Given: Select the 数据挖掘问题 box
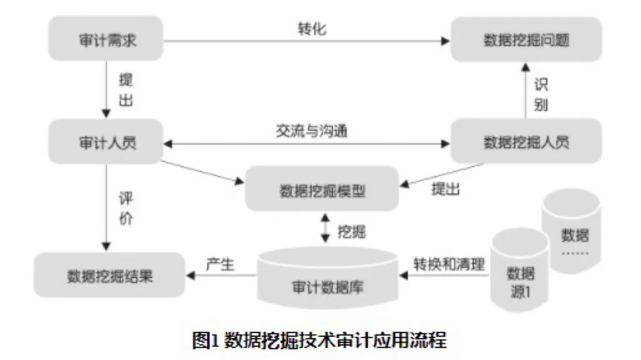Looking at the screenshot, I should pyautogui.click(x=526, y=41).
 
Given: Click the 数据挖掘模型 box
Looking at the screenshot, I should pyautogui.click(x=322, y=188).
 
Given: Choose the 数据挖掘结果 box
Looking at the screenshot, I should pyautogui.click(x=110, y=275).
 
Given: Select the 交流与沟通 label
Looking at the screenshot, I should pyautogui.click(x=311, y=131).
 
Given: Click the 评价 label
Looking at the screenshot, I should pyautogui.click(x=125, y=210).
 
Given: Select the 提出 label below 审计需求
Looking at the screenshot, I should pyautogui.click(x=125, y=90).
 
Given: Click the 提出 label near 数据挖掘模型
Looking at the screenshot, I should pyautogui.click(x=446, y=189).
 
